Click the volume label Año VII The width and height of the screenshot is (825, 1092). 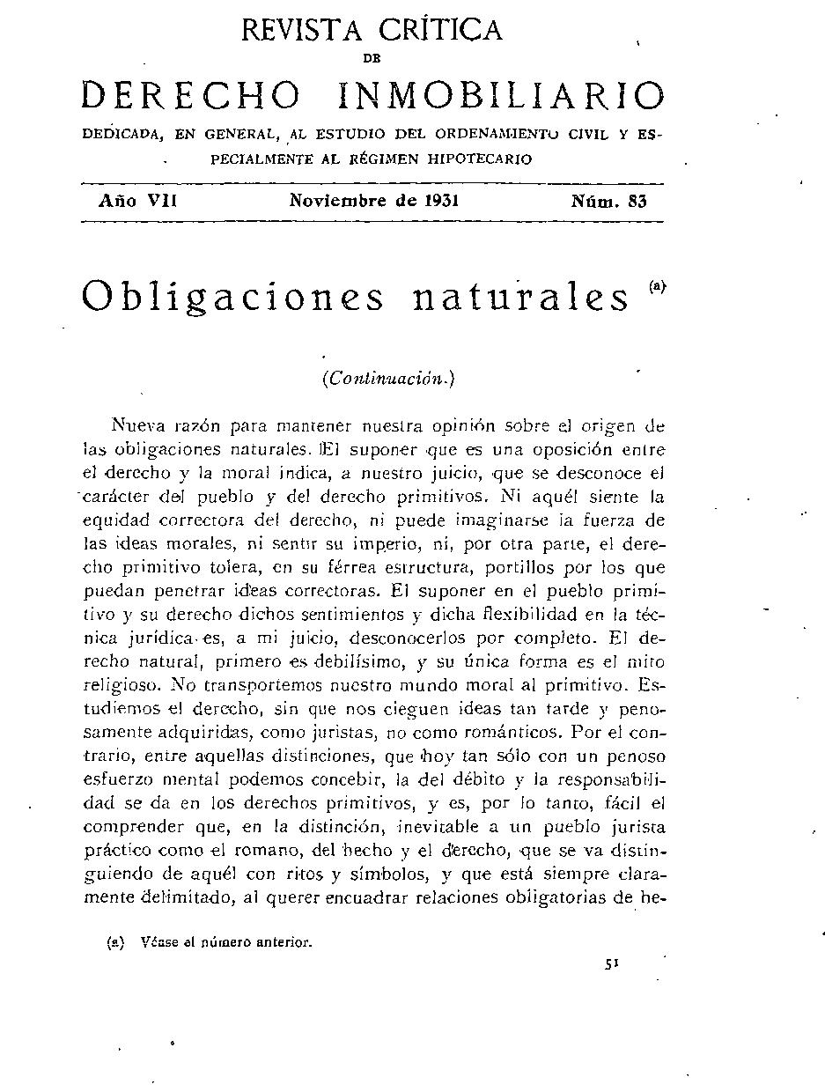pyautogui.click(x=138, y=200)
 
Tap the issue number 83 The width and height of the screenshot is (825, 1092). pyautogui.click(x=637, y=200)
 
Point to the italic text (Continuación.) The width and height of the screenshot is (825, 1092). pyautogui.click(x=387, y=379)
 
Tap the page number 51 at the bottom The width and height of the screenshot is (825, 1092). pyautogui.click(x=613, y=964)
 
